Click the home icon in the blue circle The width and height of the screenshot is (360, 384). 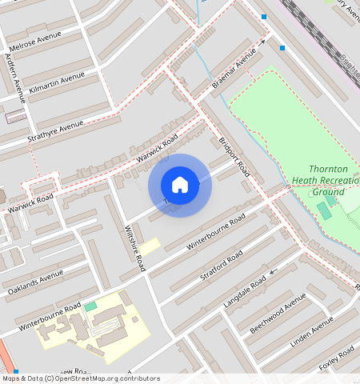pos(180,185)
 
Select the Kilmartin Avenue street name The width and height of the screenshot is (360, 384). pos(56,82)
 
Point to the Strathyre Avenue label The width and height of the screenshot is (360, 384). pos(54,130)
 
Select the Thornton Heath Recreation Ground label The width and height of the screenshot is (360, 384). pos(328,181)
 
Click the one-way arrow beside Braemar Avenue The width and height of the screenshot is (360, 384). pos(261,43)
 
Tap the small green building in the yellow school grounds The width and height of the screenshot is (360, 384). pos(90,306)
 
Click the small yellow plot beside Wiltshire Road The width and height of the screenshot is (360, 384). pos(151,246)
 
